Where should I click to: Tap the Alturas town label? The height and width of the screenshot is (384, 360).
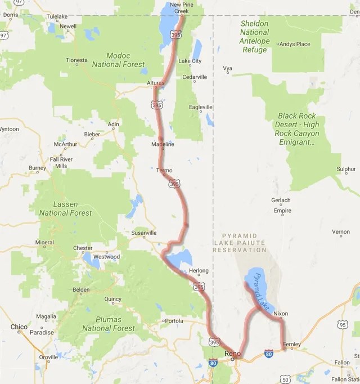(155, 83)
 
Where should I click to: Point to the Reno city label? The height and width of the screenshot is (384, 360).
(233, 353)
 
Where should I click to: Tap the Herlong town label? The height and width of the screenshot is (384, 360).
(199, 271)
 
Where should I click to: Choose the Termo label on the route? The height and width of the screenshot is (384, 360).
(164, 170)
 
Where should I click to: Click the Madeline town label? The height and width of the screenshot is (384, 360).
(163, 144)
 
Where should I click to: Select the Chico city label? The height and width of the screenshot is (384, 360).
(19, 327)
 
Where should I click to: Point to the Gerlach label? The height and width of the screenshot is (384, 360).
(281, 200)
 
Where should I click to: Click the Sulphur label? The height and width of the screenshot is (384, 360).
(346, 169)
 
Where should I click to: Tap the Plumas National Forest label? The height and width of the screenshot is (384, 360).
(109, 324)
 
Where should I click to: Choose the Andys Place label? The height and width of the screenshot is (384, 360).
(295, 44)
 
